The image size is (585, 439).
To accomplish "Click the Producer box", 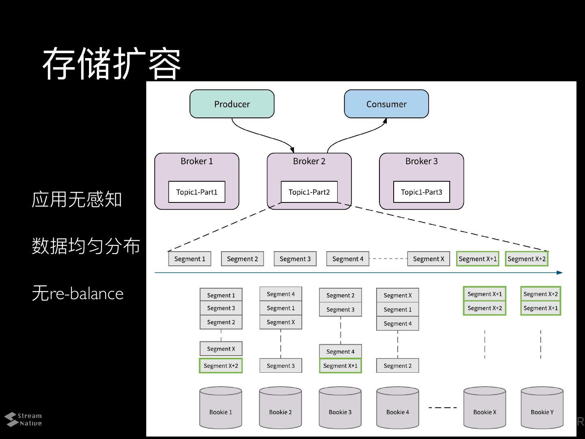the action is (x=232, y=104).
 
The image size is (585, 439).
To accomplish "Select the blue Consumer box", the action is (x=386, y=104).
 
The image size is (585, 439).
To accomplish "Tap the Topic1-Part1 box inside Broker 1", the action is (x=197, y=192).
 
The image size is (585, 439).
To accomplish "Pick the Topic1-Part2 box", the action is (x=309, y=192).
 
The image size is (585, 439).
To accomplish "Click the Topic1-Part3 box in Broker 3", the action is (x=422, y=192).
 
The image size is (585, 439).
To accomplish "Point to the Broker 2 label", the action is (x=309, y=161).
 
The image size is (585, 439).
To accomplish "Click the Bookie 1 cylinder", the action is (x=221, y=408).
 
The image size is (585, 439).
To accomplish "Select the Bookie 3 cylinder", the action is (x=340, y=408).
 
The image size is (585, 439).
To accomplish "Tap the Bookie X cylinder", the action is (x=485, y=408).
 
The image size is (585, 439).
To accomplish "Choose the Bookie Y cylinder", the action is (x=542, y=408).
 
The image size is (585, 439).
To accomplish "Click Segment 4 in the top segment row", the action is (x=348, y=259).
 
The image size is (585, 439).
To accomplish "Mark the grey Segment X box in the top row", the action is (x=429, y=259).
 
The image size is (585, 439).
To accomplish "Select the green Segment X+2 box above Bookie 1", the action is (x=221, y=366).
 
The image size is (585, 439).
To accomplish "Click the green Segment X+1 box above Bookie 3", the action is (x=340, y=366).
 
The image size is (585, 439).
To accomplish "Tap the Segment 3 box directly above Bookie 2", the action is (x=281, y=365).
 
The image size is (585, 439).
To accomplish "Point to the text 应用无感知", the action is (x=77, y=199).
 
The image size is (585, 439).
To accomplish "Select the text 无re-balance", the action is (x=78, y=293).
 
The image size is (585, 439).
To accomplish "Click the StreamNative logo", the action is (x=23, y=419).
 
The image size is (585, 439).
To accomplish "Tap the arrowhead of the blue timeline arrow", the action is (x=560, y=273).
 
